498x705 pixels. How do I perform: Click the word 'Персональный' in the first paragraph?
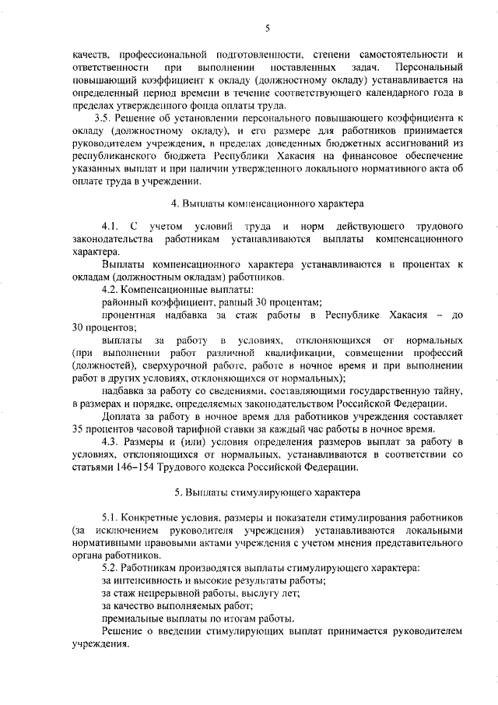click(x=426, y=68)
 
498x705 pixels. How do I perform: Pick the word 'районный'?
click(x=124, y=301)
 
